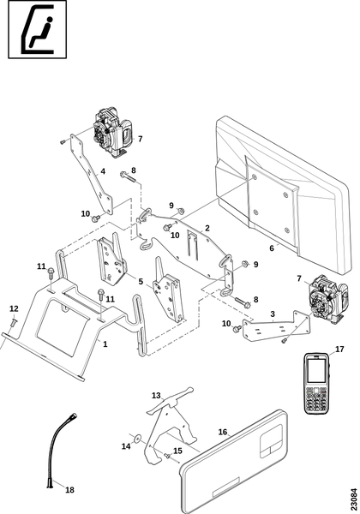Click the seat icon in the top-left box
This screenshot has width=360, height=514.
(37, 29)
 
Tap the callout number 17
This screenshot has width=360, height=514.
(339, 350)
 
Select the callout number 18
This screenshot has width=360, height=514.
(69, 490)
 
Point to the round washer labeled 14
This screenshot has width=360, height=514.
(137, 437)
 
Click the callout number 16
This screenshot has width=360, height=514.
(223, 432)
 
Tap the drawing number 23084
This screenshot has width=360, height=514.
(354, 497)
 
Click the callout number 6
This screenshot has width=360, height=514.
(272, 248)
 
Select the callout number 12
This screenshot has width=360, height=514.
(14, 308)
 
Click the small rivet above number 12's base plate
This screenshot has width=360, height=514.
(14, 322)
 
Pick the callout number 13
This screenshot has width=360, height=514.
(156, 395)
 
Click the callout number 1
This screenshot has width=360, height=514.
(105, 344)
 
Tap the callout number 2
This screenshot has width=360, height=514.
(207, 228)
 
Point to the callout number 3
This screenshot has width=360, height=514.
(273, 314)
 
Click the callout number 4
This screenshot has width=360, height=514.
(103, 171)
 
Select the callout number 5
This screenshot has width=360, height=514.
(141, 281)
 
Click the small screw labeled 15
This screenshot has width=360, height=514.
(167, 456)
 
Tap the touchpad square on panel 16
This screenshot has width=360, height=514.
(271, 440)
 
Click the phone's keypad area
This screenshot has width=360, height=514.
(317, 399)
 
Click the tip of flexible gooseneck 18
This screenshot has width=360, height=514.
(75, 415)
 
